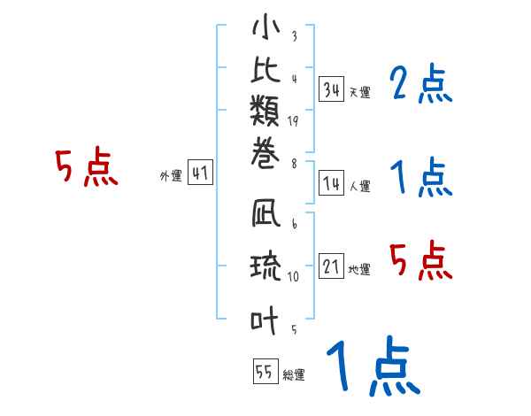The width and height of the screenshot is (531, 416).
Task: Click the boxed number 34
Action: point(332,89)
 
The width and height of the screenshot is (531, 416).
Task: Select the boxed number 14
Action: point(332,183)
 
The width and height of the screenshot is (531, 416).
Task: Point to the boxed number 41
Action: point(200,174)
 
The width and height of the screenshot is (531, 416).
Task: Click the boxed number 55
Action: point(265,372)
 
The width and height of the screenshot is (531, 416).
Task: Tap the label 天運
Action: point(359,92)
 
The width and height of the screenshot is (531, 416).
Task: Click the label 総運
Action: point(293,375)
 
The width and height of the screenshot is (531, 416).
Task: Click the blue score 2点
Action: point(421,85)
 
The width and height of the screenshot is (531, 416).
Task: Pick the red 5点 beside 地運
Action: point(421,260)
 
